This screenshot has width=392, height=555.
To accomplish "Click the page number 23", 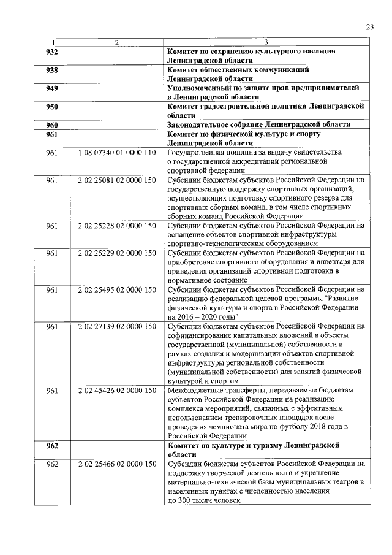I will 369,26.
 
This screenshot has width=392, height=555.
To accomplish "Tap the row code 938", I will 52,71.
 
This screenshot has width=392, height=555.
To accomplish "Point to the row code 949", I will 52,88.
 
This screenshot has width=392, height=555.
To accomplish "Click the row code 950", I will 52,107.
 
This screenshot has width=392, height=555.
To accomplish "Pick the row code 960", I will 52,124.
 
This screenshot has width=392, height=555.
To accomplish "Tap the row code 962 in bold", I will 52,446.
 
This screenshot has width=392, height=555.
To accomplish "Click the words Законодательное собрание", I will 220,124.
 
